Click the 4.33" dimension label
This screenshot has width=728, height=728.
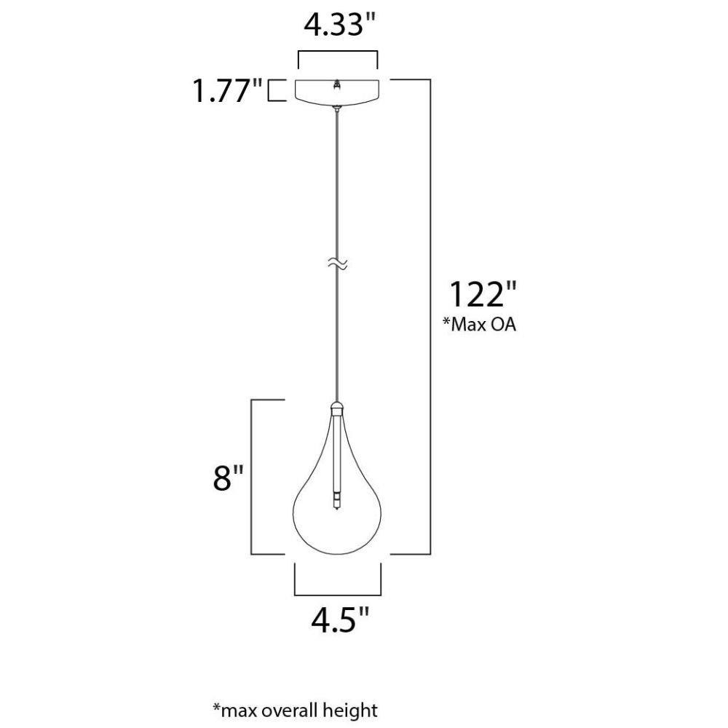339,25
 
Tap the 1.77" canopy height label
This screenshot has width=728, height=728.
228,90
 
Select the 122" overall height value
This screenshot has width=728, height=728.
483,294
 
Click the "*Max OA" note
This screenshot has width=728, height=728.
479,324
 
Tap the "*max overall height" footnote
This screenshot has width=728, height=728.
296,711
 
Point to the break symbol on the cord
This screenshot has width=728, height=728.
338,264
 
